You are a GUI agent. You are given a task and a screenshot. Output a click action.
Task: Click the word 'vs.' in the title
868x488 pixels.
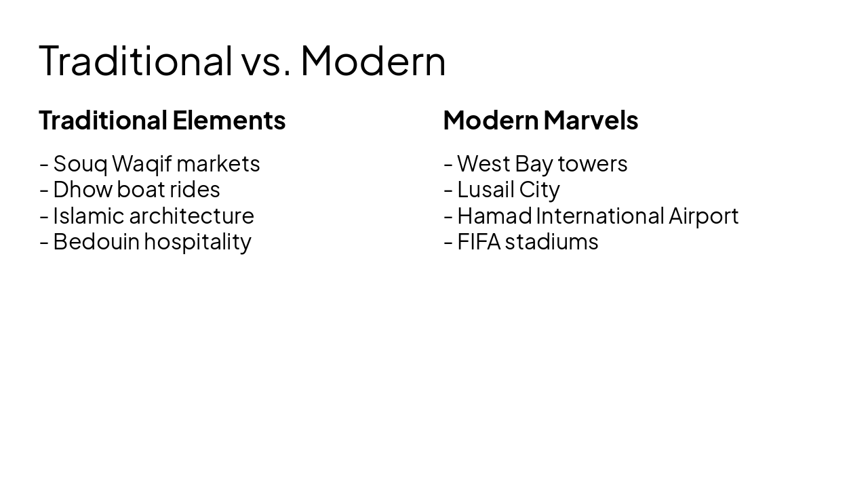(266, 61)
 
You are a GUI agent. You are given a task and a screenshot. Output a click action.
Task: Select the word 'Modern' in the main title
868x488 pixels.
(373, 61)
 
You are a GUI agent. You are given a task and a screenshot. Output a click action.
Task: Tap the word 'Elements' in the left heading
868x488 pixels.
(229, 121)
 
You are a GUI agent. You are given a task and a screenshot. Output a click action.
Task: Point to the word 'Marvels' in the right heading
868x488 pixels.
(591, 121)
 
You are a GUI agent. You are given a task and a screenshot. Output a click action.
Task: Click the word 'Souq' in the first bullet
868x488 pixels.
(80, 164)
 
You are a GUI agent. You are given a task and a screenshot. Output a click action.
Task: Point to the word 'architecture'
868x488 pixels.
(191, 216)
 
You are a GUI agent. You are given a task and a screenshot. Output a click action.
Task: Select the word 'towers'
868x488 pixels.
(593, 164)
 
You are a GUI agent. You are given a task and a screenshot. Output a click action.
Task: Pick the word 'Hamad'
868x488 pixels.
(494, 216)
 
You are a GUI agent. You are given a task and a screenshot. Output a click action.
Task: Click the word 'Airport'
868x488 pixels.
(703, 216)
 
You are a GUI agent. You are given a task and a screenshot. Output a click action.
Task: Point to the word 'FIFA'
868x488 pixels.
(478, 242)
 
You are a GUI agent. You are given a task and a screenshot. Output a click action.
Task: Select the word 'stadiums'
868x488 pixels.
(551, 242)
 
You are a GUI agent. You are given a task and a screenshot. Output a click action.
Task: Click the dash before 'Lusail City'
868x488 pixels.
(448, 190)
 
